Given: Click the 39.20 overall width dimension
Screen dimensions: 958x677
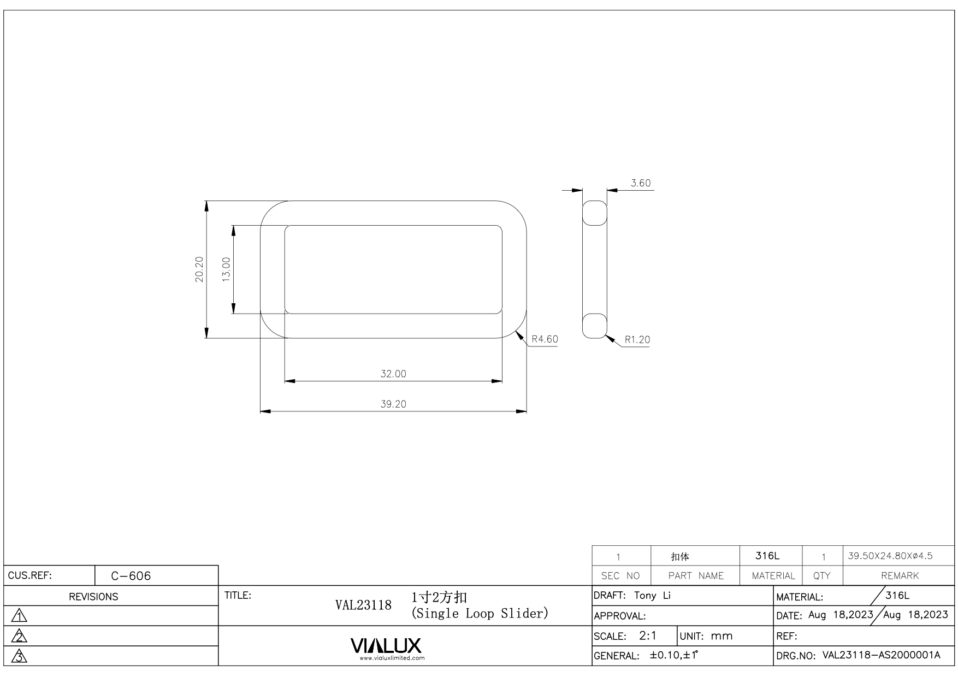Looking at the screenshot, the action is tap(393, 404).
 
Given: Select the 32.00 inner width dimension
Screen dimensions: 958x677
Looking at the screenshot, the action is tap(393, 374).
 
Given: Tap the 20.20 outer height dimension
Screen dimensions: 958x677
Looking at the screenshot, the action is tap(199, 269).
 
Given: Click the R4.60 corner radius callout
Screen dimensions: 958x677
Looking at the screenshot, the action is tap(545, 339).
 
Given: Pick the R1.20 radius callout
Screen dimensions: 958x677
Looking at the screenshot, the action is tap(637, 340).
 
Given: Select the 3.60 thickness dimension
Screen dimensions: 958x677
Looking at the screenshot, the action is tap(641, 183).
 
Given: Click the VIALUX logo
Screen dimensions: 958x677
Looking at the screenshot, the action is tap(386, 646).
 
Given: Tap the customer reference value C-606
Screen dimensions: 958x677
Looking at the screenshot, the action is tap(131, 576).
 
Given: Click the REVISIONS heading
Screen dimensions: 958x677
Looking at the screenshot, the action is tap(93, 597).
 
